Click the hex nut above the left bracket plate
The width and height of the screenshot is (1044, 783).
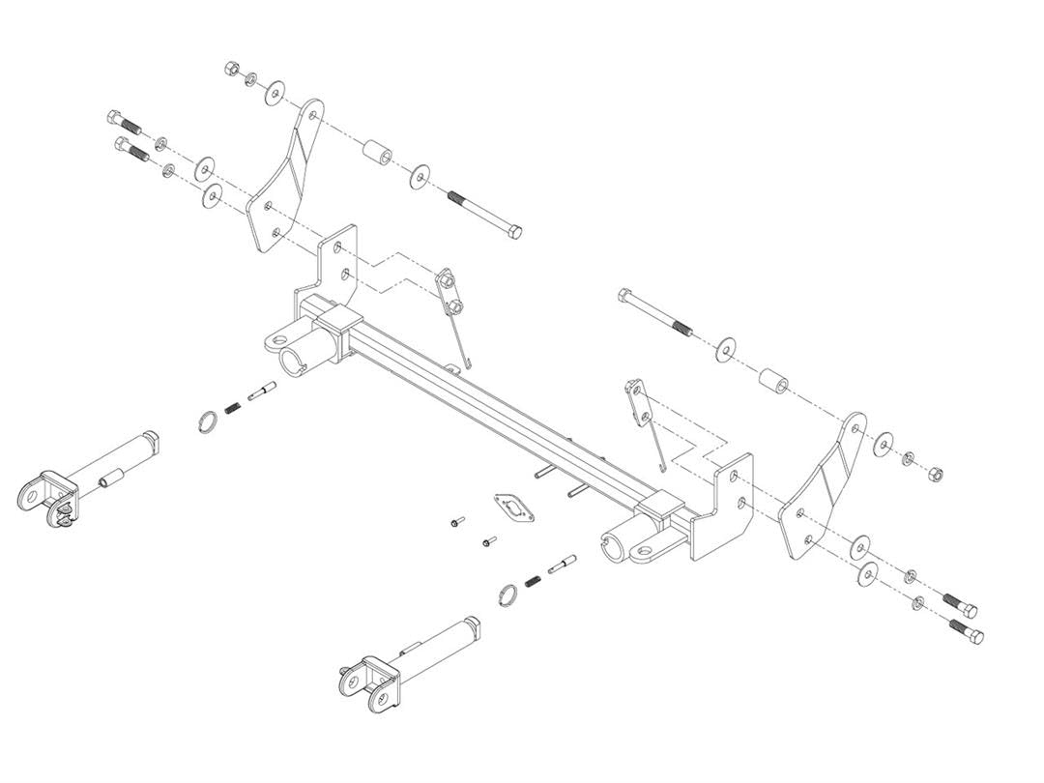[232, 70]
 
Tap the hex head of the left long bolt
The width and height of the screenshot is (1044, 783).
[514, 232]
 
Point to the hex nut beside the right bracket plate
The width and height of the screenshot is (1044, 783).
[934, 475]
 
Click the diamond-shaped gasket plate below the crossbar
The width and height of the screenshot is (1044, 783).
[513, 507]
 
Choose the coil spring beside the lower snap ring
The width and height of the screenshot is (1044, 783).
[532, 581]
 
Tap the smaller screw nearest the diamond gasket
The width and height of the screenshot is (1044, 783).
[487, 542]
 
